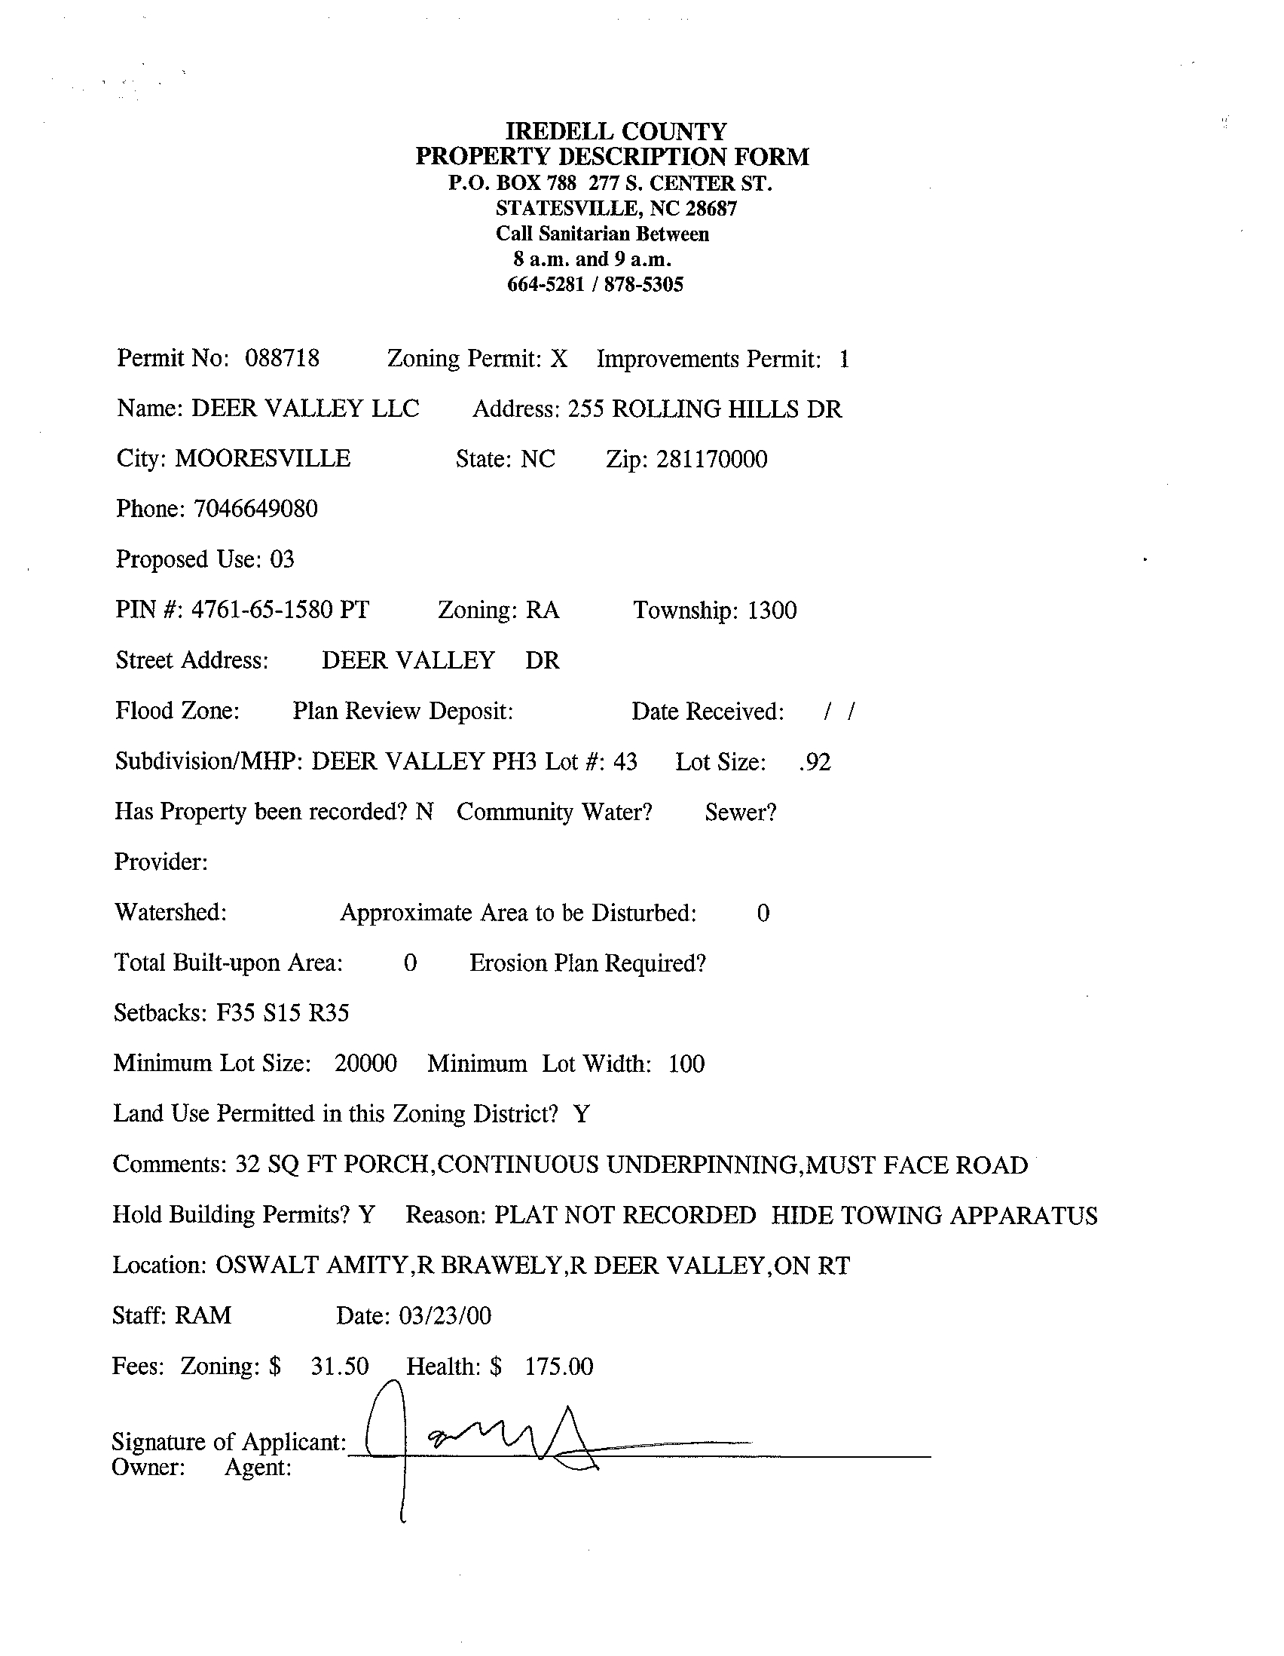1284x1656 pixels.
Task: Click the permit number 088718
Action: coord(282,358)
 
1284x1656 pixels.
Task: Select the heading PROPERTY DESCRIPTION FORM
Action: coord(613,157)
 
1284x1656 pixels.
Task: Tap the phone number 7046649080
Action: coord(255,508)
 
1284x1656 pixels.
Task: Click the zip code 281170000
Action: coord(712,459)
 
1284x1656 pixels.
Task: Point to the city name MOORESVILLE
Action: coord(263,459)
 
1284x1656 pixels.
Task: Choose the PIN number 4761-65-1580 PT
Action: coord(280,610)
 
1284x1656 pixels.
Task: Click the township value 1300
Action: coord(772,611)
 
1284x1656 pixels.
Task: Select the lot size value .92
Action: coord(815,761)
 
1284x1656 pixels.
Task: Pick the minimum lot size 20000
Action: coord(365,1063)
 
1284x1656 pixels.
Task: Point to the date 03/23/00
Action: coord(445,1315)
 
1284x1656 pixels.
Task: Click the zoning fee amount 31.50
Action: coord(340,1366)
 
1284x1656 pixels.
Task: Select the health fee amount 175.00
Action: coord(558,1366)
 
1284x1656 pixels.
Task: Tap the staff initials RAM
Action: coord(203,1315)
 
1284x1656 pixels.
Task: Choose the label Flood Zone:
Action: coord(177,711)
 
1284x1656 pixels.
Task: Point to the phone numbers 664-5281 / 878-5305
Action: coord(595,284)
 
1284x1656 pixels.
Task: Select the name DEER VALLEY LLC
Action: coord(304,409)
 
